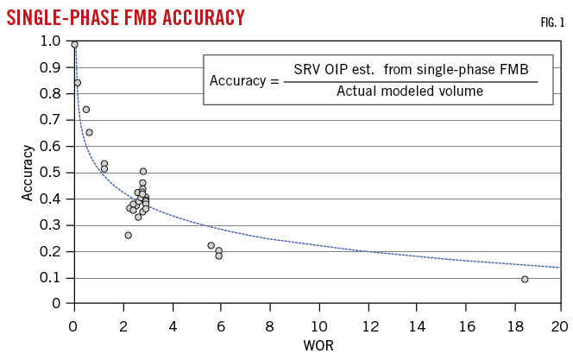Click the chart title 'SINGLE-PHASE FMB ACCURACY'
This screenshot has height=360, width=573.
[125, 16]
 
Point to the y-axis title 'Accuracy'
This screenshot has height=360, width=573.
[28, 173]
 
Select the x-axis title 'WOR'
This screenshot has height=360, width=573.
[316, 345]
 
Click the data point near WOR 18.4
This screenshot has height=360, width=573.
[525, 279]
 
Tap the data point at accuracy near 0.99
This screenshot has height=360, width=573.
[74, 44]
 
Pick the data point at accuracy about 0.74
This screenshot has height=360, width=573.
[85, 110]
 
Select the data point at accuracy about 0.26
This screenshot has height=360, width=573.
[128, 235]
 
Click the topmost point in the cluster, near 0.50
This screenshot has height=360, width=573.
[143, 171]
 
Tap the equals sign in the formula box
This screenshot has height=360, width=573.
[274, 80]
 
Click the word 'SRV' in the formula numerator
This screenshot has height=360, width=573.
[308, 69]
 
